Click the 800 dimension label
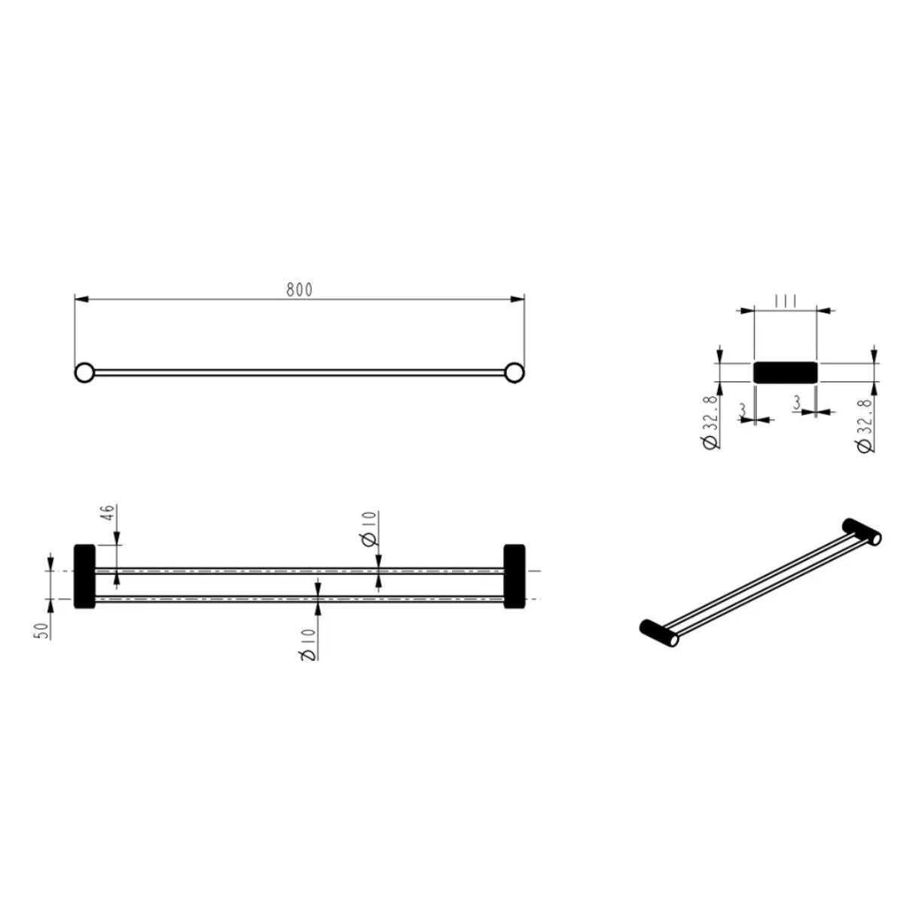tap(299, 289)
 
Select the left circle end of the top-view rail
tap(84, 372)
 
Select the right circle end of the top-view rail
tap(515, 372)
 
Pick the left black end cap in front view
tap(84, 576)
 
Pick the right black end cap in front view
tap(515, 576)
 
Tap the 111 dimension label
tap(786, 301)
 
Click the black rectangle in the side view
tap(786, 372)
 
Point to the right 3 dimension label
tap(798, 403)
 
